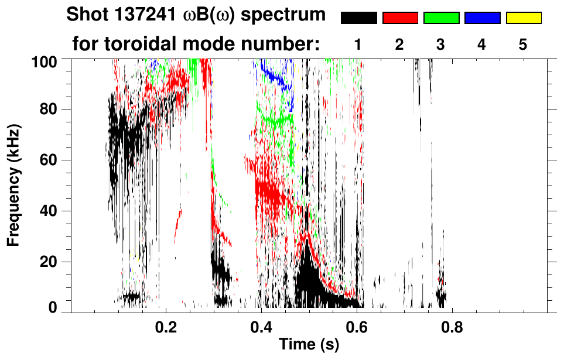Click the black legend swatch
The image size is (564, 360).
pyautogui.click(x=359, y=18)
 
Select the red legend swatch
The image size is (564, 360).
pyautogui.click(x=400, y=18)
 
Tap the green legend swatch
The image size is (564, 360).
pyautogui.click(x=441, y=18)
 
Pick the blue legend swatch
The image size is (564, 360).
pyautogui.click(x=482, y=18)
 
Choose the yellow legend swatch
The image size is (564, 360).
pyautogui.click(x=523, y=18)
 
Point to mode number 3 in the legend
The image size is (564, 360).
pyautogui.click(x=441, y=44)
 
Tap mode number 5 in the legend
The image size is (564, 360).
pyautogui.click(x=523, y=44)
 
